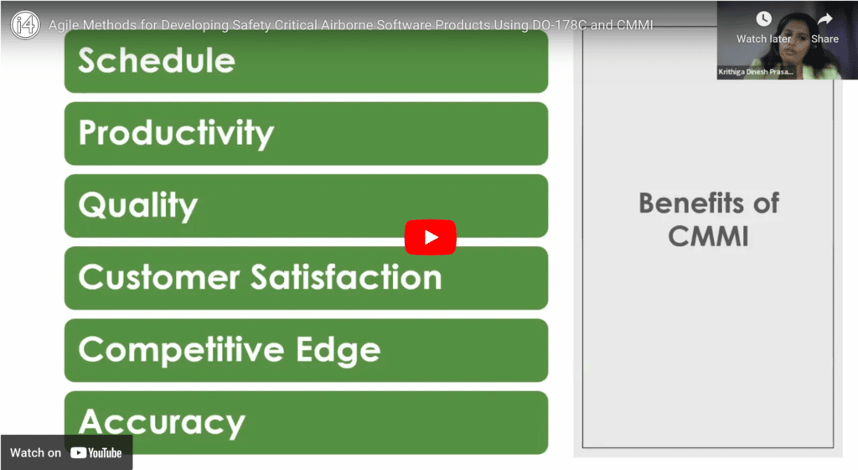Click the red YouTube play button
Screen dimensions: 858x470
(x=430, y=237)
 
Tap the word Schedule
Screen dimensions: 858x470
(x=157, y=60)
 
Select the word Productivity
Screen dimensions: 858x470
(x=176, y=133)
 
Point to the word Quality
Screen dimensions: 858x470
(x=138, y=205)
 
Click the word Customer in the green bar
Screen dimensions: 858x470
(x=159, y=276)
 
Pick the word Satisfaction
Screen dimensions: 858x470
(x=346, y=276)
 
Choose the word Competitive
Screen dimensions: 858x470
(x=182, y=350)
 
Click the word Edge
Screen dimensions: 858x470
(x=339, y=350)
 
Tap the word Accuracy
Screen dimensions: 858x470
(x=162, y=423)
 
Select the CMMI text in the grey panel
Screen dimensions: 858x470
(x=708, y=236)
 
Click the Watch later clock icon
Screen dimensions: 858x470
(x=763, y=19)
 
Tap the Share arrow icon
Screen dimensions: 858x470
(x=824, y=19)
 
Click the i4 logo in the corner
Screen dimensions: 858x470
(x=25, y=24)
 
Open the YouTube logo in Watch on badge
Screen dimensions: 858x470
(x=96, y=453)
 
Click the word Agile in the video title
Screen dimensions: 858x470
(x=65, y=25)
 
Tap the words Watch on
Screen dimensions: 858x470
(x=35, y=453)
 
